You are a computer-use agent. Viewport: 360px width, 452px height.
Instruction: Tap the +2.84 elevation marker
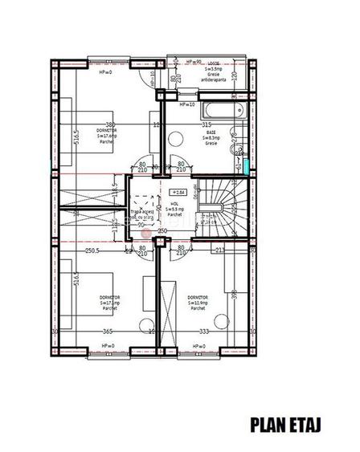pos(178,193)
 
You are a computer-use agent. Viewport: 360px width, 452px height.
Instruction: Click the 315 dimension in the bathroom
pos(207,125)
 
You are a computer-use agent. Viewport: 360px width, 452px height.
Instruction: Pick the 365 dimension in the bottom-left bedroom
pos(107,331)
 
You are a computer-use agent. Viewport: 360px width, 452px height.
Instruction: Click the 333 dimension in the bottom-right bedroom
pos(203,331)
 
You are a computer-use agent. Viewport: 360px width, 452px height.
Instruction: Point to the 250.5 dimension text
pos(92,250)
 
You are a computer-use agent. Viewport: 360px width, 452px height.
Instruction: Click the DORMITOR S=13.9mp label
pos(198,303)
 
